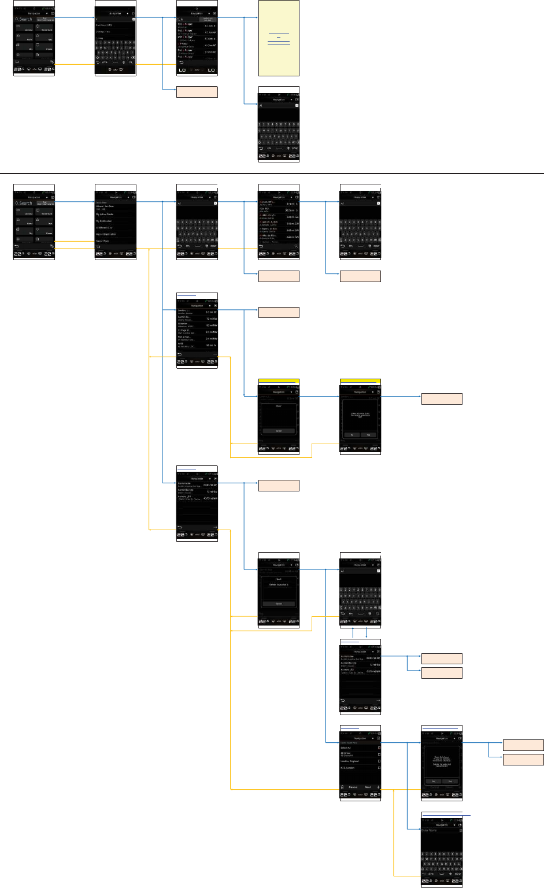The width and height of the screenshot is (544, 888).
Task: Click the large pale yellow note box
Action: [x=279, y=38]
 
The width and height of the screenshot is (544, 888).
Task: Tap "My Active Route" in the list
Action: [x=105, y=214]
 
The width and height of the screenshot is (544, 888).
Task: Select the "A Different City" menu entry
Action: [x=106, y=228]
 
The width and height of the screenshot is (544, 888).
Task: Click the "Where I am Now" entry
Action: [x=105, y=206]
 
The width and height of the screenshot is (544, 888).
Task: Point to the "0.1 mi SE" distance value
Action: [x=211, y=312]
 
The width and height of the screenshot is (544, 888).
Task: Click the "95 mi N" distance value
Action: [x=211, y=345]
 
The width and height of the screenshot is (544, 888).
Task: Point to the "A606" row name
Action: [x=182, y=343]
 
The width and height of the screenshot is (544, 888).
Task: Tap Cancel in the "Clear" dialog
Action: [x=279, y=431]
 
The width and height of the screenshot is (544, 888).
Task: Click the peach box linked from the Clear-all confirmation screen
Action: [x=442, y=398]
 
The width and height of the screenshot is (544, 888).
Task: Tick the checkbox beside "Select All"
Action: [x=379, y=748]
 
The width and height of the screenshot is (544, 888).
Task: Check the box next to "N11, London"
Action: [x=379, y=768]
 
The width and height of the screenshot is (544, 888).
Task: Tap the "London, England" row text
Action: [x=350, y=761]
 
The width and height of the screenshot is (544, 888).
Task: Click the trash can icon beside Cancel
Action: [x=342, y=787]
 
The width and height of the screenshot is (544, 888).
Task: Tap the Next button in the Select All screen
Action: [x=368, y=787]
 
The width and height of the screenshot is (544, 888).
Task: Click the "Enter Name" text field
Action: [x=439, y=830]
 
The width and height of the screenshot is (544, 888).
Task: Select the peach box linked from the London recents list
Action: [x=279, y=313]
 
